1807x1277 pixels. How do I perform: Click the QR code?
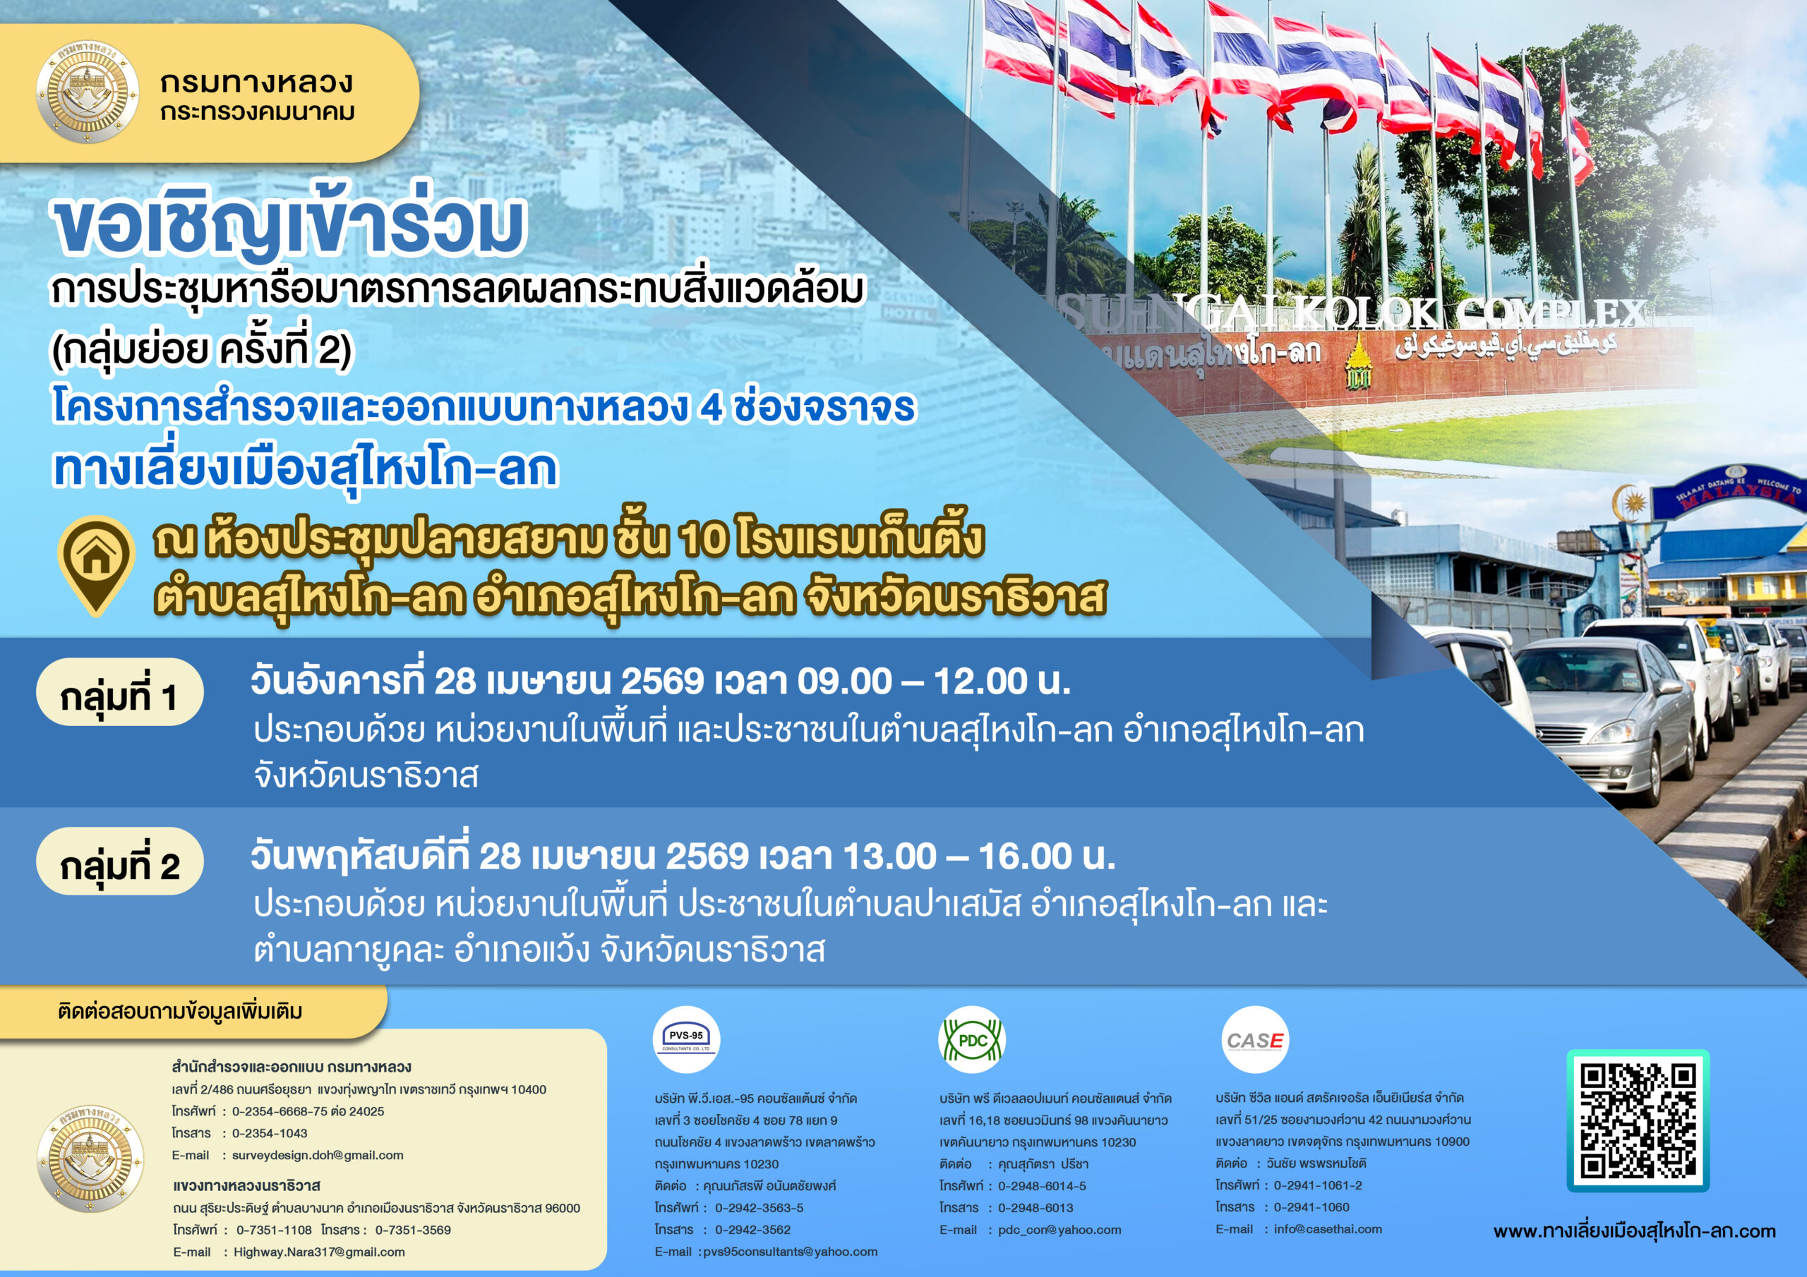pos(1638,1120)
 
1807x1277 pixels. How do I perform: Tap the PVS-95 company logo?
pos(686,1039)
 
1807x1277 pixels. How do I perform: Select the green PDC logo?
pos(972,1039)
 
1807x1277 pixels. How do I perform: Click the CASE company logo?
pos(1254,1039)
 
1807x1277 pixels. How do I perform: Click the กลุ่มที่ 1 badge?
pos(119,692)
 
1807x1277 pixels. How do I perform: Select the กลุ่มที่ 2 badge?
pos(119,861)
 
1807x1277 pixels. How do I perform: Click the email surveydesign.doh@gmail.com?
pos(317,1155)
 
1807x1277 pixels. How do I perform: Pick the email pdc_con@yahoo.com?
pos(1059,1230)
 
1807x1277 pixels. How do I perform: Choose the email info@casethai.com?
pos(1328,1229)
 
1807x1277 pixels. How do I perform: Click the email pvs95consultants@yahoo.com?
pos(790,1252)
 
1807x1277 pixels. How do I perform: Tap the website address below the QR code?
pos(1635,1231)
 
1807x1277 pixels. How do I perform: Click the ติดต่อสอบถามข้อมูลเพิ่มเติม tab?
pos(180,1011)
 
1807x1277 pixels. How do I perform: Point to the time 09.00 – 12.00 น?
pos(933,682)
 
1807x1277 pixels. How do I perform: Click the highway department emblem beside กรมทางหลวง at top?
pos(88,92)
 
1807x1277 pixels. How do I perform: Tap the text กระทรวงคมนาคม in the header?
pos(258,112)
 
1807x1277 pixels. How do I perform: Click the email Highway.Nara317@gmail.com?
pos(319,1252)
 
